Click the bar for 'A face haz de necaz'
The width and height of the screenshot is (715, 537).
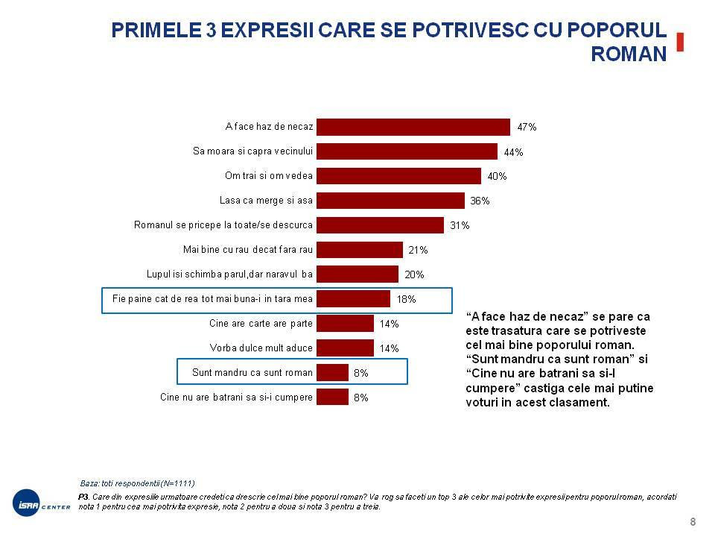coord(413,127)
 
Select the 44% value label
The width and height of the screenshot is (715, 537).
coord(513,152)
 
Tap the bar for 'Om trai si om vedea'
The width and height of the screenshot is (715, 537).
coord(399,176)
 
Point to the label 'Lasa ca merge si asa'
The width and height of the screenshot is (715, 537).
coord(266,200)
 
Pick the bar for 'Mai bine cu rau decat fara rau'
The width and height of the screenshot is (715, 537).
coord(360,249)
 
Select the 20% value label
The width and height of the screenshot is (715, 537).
coord(414,274)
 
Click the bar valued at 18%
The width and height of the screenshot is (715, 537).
coord(353,298)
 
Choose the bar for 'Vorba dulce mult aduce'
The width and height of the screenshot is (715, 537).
coord(345,348)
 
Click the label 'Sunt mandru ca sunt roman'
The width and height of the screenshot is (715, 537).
coord(252,371)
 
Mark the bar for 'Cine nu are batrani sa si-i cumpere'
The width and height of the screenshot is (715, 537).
coord(332,397)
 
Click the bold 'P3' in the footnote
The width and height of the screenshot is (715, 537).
coord(83,495)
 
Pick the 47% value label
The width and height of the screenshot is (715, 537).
coord(527,128)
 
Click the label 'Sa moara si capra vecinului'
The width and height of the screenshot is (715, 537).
coord(252,151)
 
